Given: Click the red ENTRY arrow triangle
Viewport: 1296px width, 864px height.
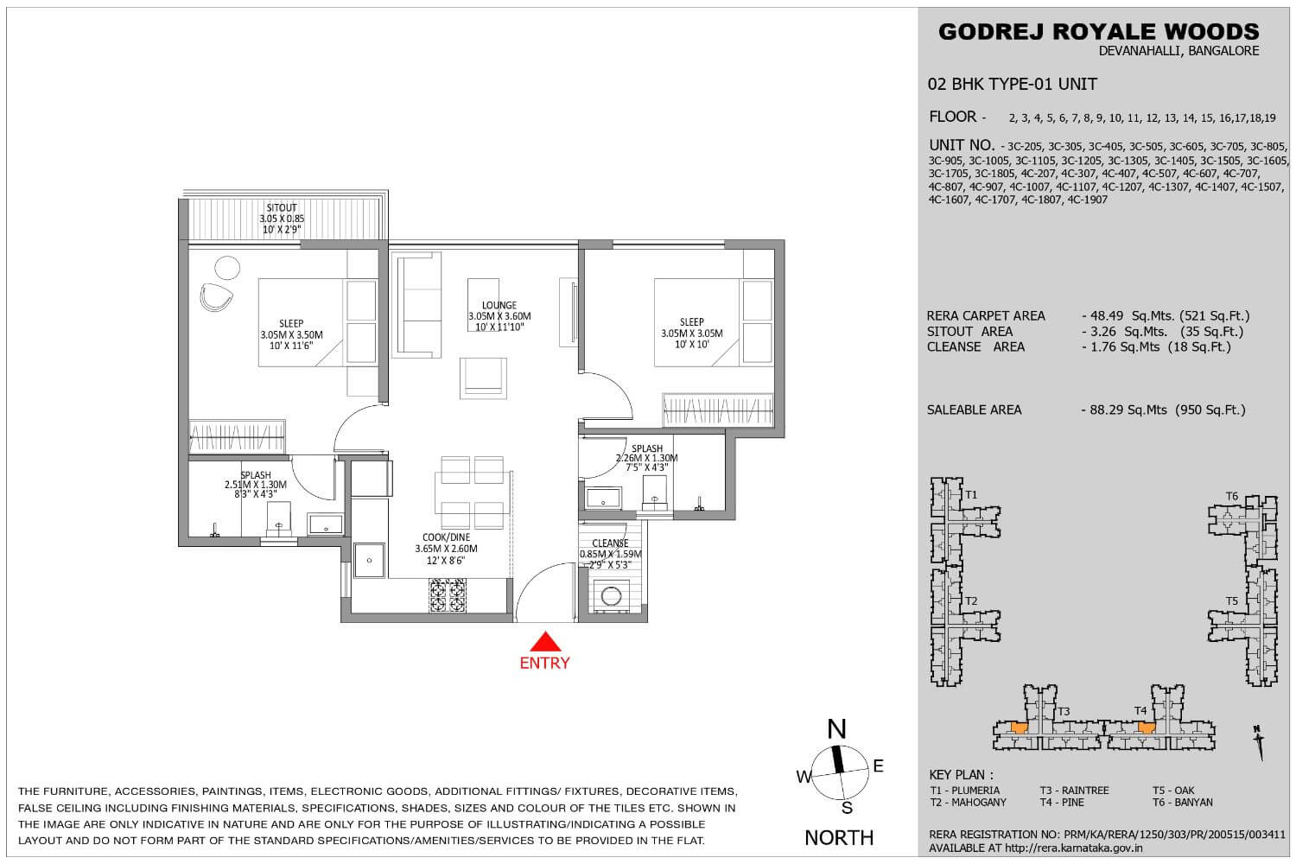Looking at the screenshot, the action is pos(545,642).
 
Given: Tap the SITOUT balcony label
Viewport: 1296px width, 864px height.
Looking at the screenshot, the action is pos(282,207).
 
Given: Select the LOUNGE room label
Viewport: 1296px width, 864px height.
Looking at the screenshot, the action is pos(499,305).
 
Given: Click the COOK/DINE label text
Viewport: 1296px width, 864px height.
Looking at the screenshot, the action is pos(446,537).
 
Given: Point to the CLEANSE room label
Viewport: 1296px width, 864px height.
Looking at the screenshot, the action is pos(610,543).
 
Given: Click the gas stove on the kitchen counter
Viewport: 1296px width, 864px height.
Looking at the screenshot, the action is pos(448,595).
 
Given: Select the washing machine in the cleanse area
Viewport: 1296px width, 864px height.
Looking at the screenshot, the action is pos(611,595).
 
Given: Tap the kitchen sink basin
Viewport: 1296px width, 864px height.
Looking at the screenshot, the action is pos(369,560).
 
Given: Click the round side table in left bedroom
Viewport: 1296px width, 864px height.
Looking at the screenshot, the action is pos(227,268).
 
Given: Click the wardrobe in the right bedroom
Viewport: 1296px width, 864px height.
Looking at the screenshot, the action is pos(717,410).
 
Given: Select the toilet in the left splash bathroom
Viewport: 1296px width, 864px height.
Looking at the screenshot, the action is pos(278,518).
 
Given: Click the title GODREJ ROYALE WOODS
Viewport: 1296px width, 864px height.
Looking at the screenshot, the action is pos(1099,32).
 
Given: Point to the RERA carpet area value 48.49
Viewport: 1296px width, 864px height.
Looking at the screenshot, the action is pos(1106,316).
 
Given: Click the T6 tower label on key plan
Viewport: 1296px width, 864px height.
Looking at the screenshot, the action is pos(1232,496).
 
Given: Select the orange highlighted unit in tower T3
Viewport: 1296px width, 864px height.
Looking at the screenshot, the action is pos(1019,728).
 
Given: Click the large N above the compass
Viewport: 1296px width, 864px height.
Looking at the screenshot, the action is pos(836,729).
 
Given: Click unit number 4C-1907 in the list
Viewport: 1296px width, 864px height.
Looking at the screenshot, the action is pos(1087,200).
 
